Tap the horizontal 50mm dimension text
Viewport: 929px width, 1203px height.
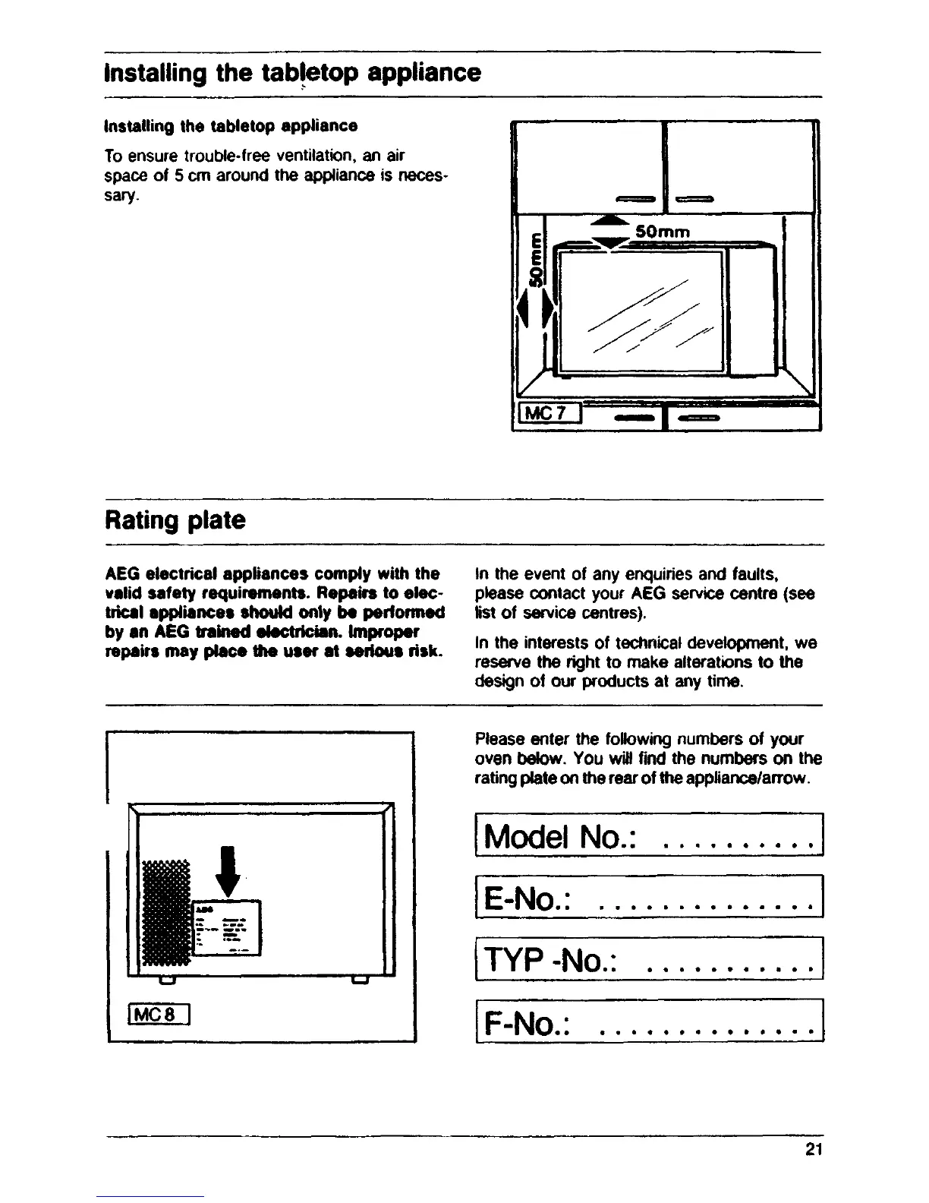pyautogui.click(x=662, y=231)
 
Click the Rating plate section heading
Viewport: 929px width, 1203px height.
pyautogui.click(x=175, y=521)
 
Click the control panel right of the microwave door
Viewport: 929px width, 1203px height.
pyautogui.click(x=751, y=313)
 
